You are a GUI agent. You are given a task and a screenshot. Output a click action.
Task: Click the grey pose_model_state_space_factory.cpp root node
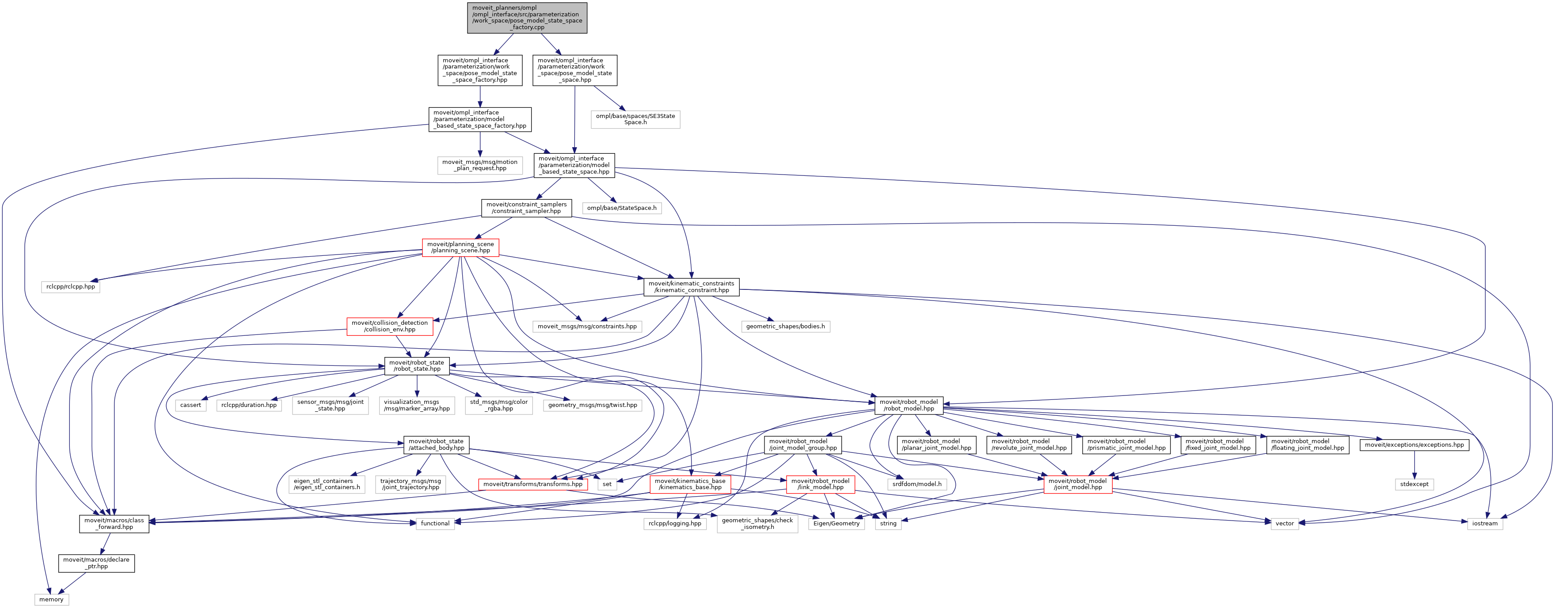(x=527, y=18)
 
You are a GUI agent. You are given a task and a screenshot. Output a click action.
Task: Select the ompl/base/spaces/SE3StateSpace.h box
(x=635, y=119)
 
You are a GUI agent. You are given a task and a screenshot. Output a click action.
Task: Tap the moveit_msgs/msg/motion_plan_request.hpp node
(x=480, y=165)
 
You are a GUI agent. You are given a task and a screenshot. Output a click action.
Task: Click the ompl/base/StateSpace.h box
(x=622, y=208)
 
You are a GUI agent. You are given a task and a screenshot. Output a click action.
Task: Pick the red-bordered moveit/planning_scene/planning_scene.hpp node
(x=460, y=247)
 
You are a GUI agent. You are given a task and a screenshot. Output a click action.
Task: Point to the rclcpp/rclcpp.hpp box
(x=71, y=286)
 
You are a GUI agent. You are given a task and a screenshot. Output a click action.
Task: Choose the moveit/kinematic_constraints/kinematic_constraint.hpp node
(x=691, y=287)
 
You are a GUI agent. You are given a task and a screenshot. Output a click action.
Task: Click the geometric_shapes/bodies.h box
(x=785, y=326)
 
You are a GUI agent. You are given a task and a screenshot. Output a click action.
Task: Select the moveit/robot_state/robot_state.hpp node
(x=417, y=366)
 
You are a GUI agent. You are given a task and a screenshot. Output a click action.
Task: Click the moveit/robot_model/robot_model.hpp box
(x=909, y=405)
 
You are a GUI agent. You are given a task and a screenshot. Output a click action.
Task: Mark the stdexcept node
(x=1414, y=484)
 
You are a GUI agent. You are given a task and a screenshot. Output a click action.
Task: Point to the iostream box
(x=1485, y=524)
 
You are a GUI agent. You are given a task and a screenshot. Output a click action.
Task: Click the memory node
(x=51, y=600)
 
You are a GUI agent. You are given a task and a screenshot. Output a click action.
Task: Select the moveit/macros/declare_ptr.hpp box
(x=97, y=563)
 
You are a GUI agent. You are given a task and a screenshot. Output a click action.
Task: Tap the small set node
(x=607, y=484)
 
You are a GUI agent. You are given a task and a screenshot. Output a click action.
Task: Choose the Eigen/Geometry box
(x=836, y=524)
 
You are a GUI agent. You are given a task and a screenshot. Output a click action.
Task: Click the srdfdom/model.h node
(x=917, y=484)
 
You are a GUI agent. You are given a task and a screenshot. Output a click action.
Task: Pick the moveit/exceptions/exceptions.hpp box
(x=1414, y=445)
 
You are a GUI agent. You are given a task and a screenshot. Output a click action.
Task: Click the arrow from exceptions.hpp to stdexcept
(x=1414, y=465)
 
